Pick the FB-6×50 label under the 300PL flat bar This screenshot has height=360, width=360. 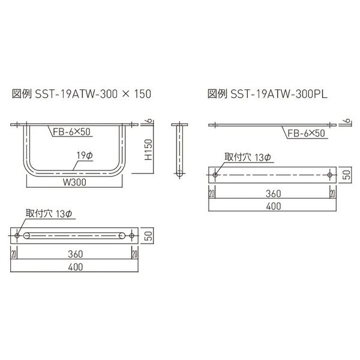click(x=305, y=134)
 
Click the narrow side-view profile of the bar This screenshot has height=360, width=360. click(x=179, y=150)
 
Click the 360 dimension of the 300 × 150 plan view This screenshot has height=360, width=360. click(x=76, y=253)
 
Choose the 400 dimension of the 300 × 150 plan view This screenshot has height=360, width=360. click(x=76, y=267)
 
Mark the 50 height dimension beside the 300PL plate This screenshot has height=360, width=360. click(x=346, y=175)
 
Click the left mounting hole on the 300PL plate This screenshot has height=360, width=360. click(x=214, y=175)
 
